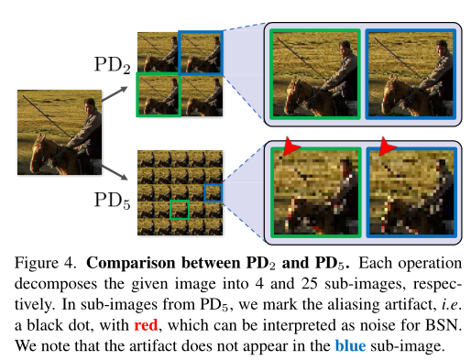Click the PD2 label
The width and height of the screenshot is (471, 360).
114,64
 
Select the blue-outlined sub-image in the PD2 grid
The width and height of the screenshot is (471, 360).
200,52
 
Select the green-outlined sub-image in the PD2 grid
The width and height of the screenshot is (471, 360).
158,94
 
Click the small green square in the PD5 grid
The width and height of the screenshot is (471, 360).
179,210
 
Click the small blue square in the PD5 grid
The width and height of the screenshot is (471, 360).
212,192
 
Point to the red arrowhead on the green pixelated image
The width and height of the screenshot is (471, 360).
290,147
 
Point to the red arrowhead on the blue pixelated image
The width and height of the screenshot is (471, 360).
386,147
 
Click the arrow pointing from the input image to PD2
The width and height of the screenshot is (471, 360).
116,90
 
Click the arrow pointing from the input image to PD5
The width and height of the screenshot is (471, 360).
116,169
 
